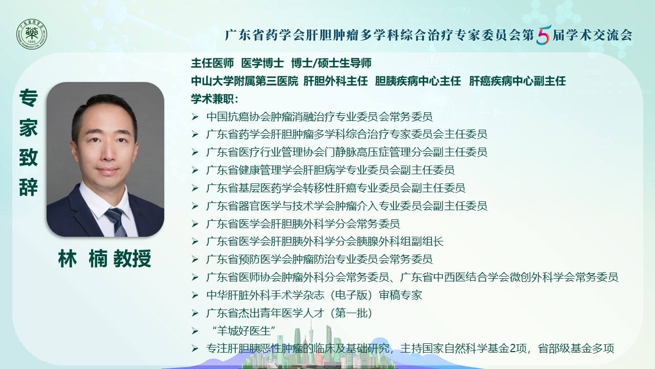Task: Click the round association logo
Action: [32, 34]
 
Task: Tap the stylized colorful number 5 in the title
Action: [544, 35]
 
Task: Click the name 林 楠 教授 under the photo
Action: [105, 259]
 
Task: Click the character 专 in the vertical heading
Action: [28, 98]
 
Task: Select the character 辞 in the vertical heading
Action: [28, 187]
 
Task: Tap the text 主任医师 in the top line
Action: [212, 63]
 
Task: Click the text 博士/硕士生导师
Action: [331, 63]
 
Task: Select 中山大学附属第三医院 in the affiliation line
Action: [245, 81]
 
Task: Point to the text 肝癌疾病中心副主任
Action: [517, 81]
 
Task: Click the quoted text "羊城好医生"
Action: [243, 331]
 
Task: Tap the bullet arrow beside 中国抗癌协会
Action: [195, 117]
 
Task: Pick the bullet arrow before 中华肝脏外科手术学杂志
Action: [195, 296]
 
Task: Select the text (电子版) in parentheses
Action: [351, 295]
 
